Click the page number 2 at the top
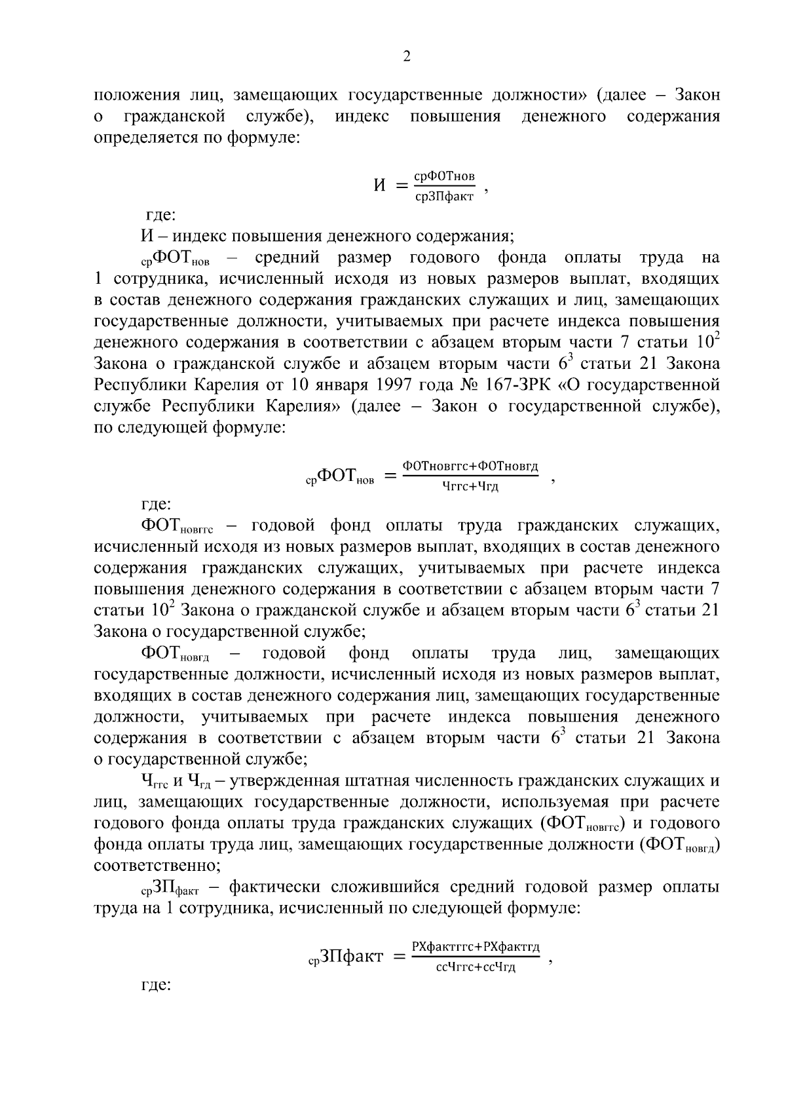(406, 57)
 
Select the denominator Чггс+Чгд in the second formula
(470, 486)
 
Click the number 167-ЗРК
(522, 384)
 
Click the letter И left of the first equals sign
(379, 185)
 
